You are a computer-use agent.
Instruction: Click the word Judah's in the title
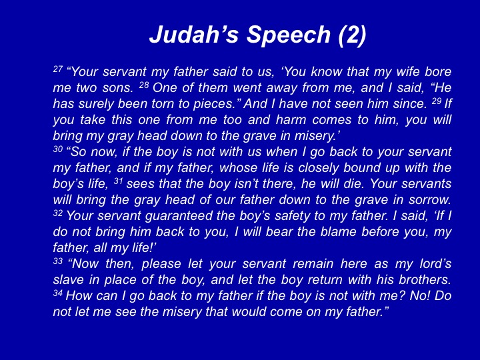coord(194,34)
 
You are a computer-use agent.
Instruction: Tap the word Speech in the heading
coord(289,35)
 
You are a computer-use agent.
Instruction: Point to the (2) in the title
coord(353,35)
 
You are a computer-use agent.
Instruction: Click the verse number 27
coord(57,69)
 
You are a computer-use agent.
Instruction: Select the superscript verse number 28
coord(143,85)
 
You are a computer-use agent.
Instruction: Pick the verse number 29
coord(436,101)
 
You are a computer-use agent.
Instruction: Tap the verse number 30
coord(57,149)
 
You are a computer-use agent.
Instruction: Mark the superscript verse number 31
coord(118,181)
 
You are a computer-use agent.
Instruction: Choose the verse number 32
coord(57,213)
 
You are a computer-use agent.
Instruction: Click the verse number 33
coord(57,261)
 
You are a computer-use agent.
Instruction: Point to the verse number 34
coord(57,293)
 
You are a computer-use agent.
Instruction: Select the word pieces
coord(213,104)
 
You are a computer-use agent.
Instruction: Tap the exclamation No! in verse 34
coord(419,296)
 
